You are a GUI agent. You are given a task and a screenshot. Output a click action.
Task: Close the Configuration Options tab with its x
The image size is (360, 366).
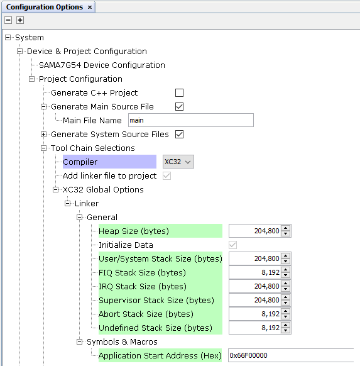click(90, 8)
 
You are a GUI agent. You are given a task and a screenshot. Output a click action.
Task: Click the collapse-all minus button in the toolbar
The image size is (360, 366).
click(8, 20)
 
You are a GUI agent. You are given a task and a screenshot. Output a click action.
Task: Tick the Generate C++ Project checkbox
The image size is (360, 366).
click(179, 92)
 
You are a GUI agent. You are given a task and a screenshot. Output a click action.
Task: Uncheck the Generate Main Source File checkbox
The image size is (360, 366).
click(179, 106)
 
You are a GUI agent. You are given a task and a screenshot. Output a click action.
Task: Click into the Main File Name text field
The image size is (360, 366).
click(191, 120)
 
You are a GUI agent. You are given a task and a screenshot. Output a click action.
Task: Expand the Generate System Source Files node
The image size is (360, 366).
click(43, 134)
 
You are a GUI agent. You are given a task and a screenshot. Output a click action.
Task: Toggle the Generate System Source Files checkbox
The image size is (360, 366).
click(179, 134)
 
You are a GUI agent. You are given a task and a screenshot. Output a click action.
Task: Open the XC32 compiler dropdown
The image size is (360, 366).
click(178, 162)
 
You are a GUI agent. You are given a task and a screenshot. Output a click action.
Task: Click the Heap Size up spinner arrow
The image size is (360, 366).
click(286, 228)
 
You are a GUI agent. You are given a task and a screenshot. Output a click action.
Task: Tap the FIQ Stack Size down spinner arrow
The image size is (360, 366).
click(286, 275)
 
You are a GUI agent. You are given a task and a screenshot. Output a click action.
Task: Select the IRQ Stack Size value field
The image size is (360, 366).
click(255, 286)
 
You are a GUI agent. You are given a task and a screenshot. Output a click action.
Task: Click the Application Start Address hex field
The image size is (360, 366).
click(291, 355)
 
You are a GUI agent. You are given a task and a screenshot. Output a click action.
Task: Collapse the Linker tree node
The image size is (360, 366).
click(67, 203)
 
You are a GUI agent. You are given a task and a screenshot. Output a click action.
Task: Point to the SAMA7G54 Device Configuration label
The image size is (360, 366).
click(102, 65)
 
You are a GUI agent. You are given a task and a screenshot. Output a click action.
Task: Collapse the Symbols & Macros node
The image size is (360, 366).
click(80, 341)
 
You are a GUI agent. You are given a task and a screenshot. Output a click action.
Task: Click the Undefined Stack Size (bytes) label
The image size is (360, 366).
click(155, 328)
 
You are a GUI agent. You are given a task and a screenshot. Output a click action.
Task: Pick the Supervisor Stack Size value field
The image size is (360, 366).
click(255, 300)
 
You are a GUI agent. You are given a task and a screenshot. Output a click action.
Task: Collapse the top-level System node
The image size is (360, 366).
click(8, 37)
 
